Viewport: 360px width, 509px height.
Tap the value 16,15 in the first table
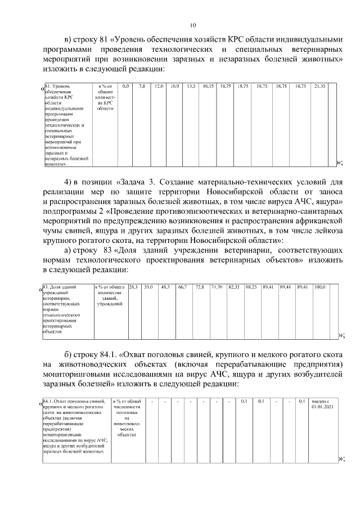click(208, 85)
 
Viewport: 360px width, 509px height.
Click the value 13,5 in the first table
click(191, 85)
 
